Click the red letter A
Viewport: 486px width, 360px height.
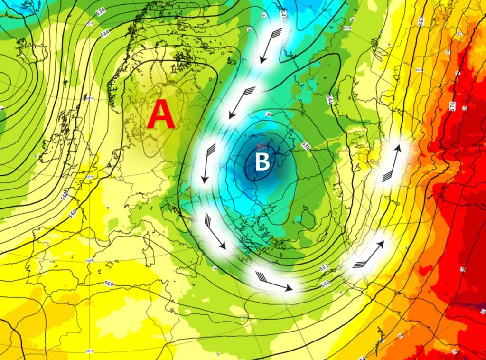(x=161, y=116)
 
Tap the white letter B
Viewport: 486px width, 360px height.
(x=262, y=162)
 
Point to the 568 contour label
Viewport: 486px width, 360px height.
(x=109, y=284)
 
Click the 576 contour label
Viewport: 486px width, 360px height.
(x=452, y=104)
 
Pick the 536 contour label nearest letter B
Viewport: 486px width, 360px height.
(x=306, y=147)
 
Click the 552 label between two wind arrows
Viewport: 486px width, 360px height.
(x=324, y=268)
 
